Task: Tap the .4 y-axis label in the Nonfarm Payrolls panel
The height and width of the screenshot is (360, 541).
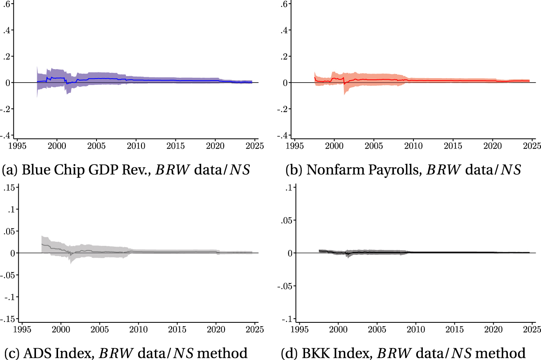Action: point(284,30)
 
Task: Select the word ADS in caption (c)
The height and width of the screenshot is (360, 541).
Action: point(34,353)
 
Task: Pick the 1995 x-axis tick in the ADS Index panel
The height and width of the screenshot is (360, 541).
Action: point(22,329)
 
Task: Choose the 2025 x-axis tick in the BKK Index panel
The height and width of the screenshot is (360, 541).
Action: point(532,329)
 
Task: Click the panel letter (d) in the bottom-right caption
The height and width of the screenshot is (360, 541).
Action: point(288,353)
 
